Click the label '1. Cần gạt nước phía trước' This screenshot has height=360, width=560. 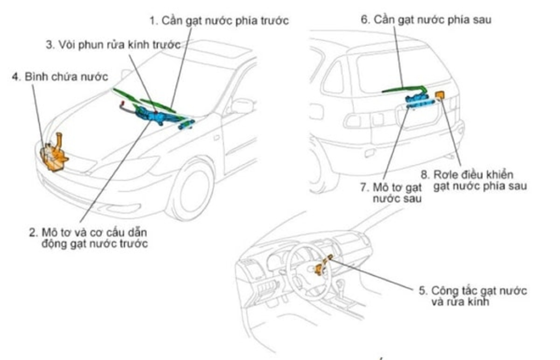tap(219, 21)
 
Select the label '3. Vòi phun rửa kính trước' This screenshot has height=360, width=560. tap(112, 45)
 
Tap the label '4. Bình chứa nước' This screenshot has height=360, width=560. tap(59, 76)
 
